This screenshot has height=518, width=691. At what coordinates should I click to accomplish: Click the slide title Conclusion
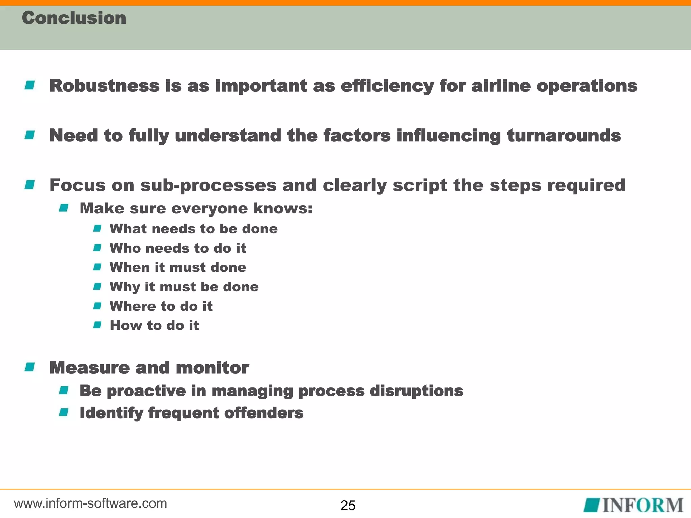[x=74, y=18]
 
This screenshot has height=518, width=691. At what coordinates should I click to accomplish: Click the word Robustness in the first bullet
[x=104, y=86]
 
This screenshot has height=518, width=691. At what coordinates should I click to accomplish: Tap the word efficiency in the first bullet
[x=387, y=86]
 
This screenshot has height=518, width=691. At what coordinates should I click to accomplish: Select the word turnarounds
[x=564, y=136]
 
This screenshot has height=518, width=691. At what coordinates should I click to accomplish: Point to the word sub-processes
[x=208, y=185]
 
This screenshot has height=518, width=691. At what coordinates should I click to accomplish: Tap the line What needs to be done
[x=194, y=229]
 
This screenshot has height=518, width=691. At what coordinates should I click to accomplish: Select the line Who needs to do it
[x=178, y=248]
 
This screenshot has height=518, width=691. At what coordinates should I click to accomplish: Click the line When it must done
[x=178, y=267]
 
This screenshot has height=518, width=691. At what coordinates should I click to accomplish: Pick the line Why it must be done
[x=184, y=287]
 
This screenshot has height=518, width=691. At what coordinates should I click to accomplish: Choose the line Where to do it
[x=161, y=306]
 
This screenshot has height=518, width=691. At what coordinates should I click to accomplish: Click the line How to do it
[x=154, y=325]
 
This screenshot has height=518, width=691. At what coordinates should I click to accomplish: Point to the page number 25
[x=348, y=506]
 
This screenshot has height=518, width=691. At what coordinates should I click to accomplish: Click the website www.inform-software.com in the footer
[x=90, y=503]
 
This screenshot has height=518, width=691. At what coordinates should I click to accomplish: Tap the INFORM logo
[x=633, y=505]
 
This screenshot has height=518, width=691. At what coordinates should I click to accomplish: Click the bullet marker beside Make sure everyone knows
[x=64, y=208]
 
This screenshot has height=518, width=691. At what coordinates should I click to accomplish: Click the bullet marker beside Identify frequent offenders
[x=64, y=412]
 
